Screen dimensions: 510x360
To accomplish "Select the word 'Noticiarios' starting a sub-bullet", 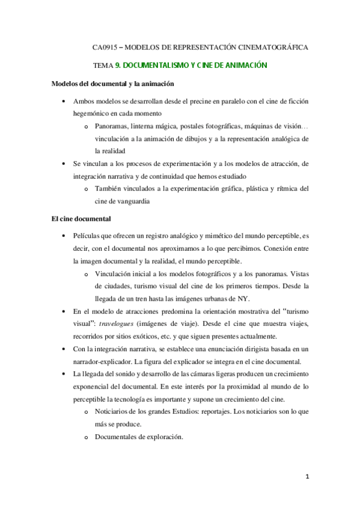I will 113,411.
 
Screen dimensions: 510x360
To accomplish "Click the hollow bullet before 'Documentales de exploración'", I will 87,437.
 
